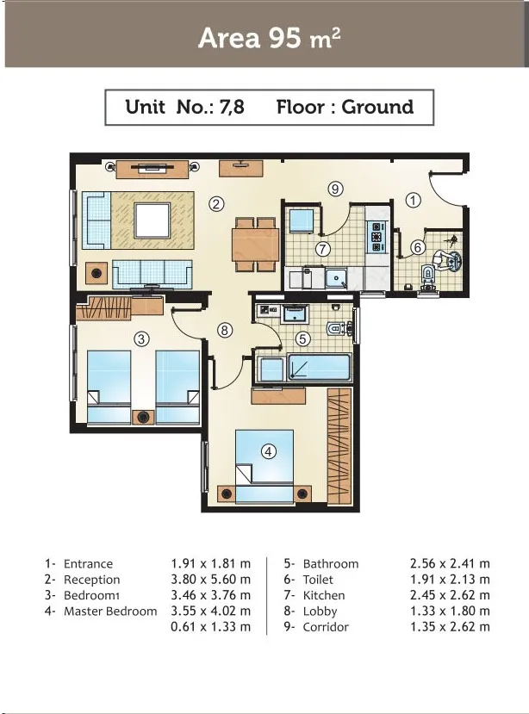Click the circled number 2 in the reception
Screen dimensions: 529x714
[x=216, y=203]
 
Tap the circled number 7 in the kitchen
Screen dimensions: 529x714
[x=322, y=249]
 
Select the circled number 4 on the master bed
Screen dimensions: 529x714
[x=268, y=451]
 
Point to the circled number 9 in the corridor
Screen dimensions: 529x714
[x=335, y=188]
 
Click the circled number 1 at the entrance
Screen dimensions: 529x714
[x=414, y=200]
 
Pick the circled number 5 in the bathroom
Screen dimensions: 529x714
[x=302, y=338]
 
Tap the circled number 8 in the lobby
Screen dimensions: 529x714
[x=224, y=330]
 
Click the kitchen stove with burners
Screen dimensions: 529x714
[x=377, y=236]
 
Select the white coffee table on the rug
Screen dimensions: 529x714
[x=152, y=220]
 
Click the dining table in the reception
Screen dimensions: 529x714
[x=255, y=245]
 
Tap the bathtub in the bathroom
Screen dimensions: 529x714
[x=319, y=368]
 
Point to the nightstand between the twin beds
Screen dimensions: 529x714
[x=144, y=417]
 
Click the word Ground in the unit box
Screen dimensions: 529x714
[x=377, y=108]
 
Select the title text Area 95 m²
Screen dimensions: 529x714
[x=269, y=38]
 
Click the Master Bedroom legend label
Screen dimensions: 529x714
[x=110, y=612]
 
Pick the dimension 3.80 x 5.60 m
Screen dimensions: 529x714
[x=210, y=580]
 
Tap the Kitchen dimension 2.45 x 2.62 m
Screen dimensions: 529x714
[x=450, y=595]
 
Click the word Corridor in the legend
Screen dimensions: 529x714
[x=326, y=627]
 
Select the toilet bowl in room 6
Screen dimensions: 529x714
[x=428, y=276]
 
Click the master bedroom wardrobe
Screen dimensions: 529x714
[x=339, y=446]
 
